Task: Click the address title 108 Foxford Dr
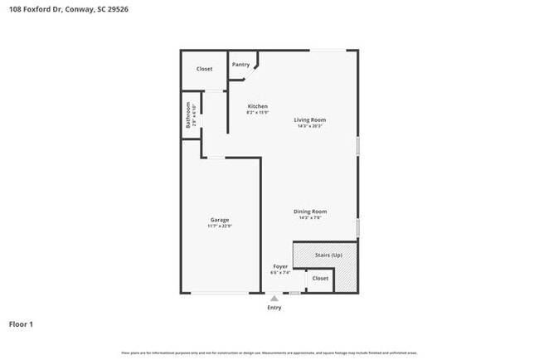(69, 10)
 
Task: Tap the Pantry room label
(240, 65)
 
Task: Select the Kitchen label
(258, 106)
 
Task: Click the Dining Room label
(310, 212)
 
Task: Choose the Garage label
(220, 220)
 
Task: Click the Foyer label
(281, 266)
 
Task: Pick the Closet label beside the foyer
(320, 279)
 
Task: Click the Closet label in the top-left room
(204, 69)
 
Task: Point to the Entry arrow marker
(274, 298)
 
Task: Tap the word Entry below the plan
(274, 308)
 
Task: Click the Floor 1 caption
(21, 324)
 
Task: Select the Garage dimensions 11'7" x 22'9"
(220, 226)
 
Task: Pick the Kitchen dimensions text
(258, 113)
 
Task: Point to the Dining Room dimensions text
(310, 218)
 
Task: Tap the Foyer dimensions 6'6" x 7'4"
(281, 272)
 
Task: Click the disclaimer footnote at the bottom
(269, 353)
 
